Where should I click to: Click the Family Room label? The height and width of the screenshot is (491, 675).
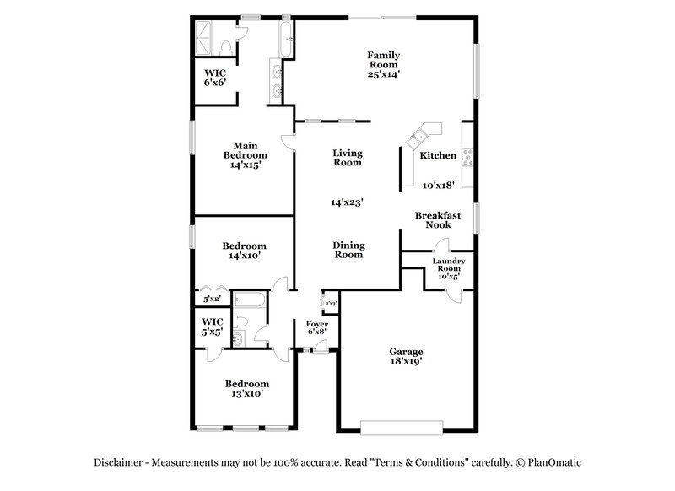tap(383, 60)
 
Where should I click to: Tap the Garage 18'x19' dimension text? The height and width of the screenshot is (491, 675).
tap(406, 360)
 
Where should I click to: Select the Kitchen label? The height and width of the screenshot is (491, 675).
tap(438, 156)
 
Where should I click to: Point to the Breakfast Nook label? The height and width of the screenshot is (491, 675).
tap(438, 221)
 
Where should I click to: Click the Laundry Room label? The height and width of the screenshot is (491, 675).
tap(448, 268)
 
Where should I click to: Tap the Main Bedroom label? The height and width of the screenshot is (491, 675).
tap(245, 155)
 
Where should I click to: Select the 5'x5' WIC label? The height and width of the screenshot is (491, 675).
tap(212, 326)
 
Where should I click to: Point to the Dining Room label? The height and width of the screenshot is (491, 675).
tap(348, 251)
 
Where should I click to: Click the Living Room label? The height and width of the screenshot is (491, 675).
tap(347, 158)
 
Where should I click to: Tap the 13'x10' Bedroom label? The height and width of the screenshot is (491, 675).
tap(246, 389)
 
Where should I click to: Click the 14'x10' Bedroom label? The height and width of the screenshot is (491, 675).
tap(245, 251)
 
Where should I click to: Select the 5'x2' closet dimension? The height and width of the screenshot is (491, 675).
tap(211, 298)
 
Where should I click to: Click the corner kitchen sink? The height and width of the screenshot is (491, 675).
tap(423, 135)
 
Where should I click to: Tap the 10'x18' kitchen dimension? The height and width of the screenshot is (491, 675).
tap(439, 185)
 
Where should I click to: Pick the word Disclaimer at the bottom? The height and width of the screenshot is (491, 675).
tap(117, 461)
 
